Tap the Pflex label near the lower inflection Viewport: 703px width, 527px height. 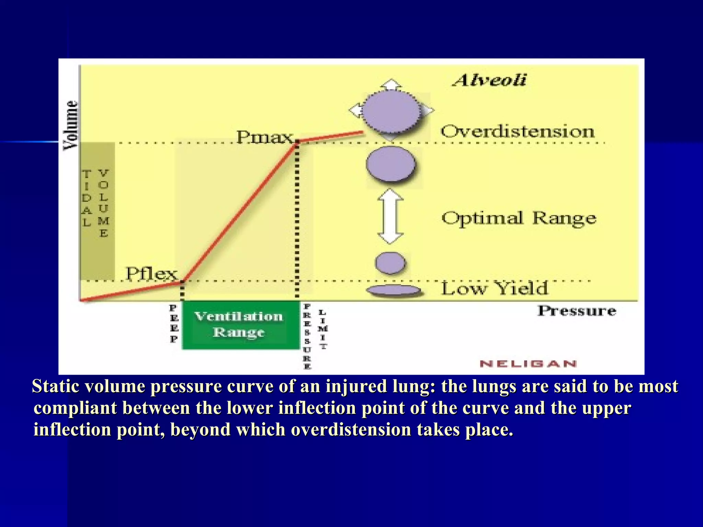151,274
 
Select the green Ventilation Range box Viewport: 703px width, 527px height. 240,325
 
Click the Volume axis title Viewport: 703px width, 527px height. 71,125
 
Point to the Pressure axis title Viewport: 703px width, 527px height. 577,311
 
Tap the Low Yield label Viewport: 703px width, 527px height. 494,289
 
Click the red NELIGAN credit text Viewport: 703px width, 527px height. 528,364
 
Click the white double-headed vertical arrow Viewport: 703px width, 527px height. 390,216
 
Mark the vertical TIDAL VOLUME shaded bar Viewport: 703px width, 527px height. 97,210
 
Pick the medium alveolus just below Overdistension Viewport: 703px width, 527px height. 391,165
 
